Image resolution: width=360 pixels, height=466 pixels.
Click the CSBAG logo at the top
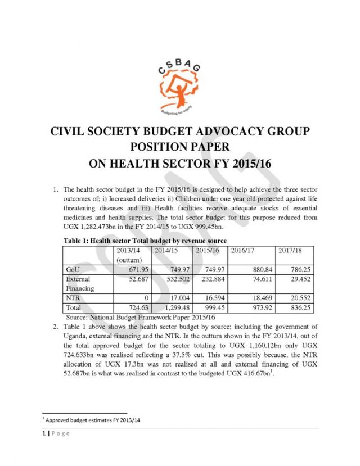click(181, 87)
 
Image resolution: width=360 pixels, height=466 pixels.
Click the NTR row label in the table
click(74, 298)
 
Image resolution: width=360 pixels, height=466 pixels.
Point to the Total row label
click(74, 307)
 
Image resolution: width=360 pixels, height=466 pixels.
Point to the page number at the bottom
click(56, 433)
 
